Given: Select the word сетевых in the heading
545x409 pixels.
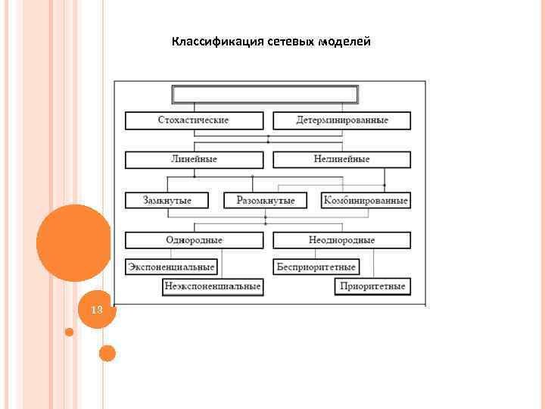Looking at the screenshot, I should pos(288,41).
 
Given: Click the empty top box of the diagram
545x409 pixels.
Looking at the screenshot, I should pos(265,95).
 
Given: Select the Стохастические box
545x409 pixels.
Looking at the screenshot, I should pos(194,120).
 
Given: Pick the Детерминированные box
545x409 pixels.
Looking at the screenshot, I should pos(341,120).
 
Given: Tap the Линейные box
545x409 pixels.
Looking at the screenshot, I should pos(194,160).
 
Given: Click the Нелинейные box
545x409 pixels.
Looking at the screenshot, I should pos(341,160).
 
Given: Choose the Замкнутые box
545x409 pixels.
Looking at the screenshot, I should pos(168,201).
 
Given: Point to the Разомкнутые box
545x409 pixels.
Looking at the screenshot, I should pos(266,201).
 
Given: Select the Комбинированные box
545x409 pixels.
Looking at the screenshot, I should pos(366,201).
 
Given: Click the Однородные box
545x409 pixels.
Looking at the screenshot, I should pos(194,240).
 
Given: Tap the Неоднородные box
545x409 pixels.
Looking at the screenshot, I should pos(341,240).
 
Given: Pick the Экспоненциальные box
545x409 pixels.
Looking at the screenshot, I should pos(171,267).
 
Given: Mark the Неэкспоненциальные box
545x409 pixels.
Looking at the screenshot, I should pos(213,286).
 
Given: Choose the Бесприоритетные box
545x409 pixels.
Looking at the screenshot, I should pos(316,267).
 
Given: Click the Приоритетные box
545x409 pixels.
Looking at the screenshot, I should pos(373,286).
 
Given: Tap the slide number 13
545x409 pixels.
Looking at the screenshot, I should pos(96,311).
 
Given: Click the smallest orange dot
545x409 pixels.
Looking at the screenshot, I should pos(69,332).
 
